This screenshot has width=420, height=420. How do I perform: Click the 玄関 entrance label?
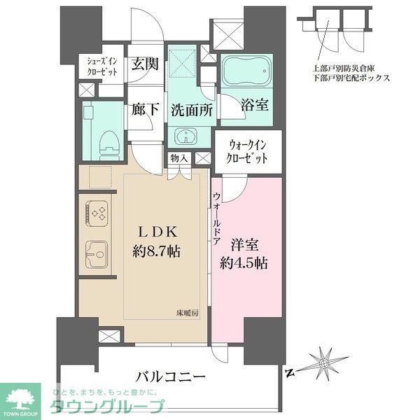[x=146, y=63]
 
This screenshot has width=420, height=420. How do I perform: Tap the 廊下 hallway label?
[x=146, y=110]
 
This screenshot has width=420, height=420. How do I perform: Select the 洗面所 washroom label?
[x=190, y=110]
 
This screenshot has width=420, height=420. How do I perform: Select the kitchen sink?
[x=97, y=251]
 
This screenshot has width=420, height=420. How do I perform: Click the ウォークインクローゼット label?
[x=248, y=151]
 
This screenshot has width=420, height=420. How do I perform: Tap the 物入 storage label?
[x=179, y=158]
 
